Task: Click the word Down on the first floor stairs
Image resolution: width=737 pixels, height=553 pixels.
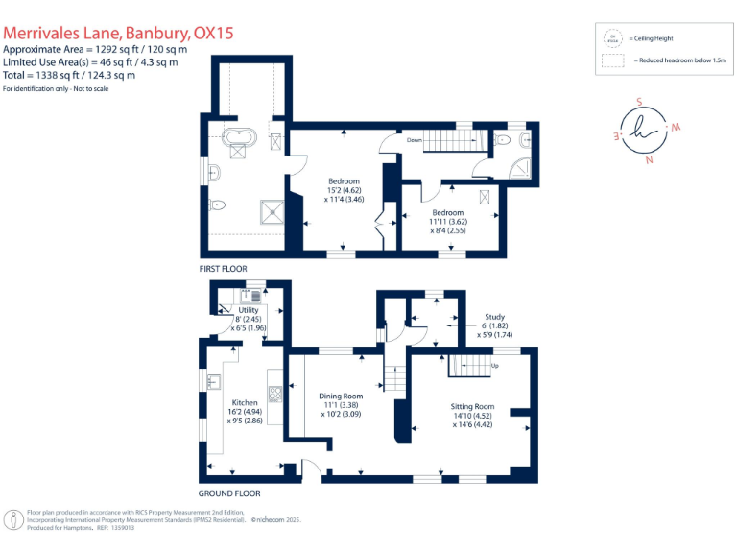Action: coord(414,140)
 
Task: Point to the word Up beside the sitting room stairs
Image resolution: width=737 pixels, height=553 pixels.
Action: coord(495,366)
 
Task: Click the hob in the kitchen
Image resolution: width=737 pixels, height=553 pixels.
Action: coord(274,392)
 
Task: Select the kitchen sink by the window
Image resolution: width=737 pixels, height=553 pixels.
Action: coord(212,382)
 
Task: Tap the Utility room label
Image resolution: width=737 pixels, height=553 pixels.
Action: coord(249,311)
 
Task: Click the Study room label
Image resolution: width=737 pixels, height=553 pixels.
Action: coord(494,317)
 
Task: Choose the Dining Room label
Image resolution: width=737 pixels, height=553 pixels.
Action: coord(341,396)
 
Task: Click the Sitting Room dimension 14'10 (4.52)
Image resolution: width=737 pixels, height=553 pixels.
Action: coord(472,416)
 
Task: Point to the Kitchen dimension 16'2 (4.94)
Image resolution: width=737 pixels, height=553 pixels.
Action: coord(245,411)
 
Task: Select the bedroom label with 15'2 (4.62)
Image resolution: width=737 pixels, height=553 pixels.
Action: coord(343,190)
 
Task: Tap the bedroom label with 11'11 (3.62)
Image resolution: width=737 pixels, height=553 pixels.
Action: coord(447,222)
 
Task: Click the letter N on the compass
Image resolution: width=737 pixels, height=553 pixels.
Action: coord(650,160)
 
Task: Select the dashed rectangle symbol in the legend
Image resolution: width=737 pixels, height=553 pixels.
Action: coord(610,61)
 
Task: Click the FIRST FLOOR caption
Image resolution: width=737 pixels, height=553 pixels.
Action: coord(223,268)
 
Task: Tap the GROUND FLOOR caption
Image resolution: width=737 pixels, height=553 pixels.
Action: coord(229,493)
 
